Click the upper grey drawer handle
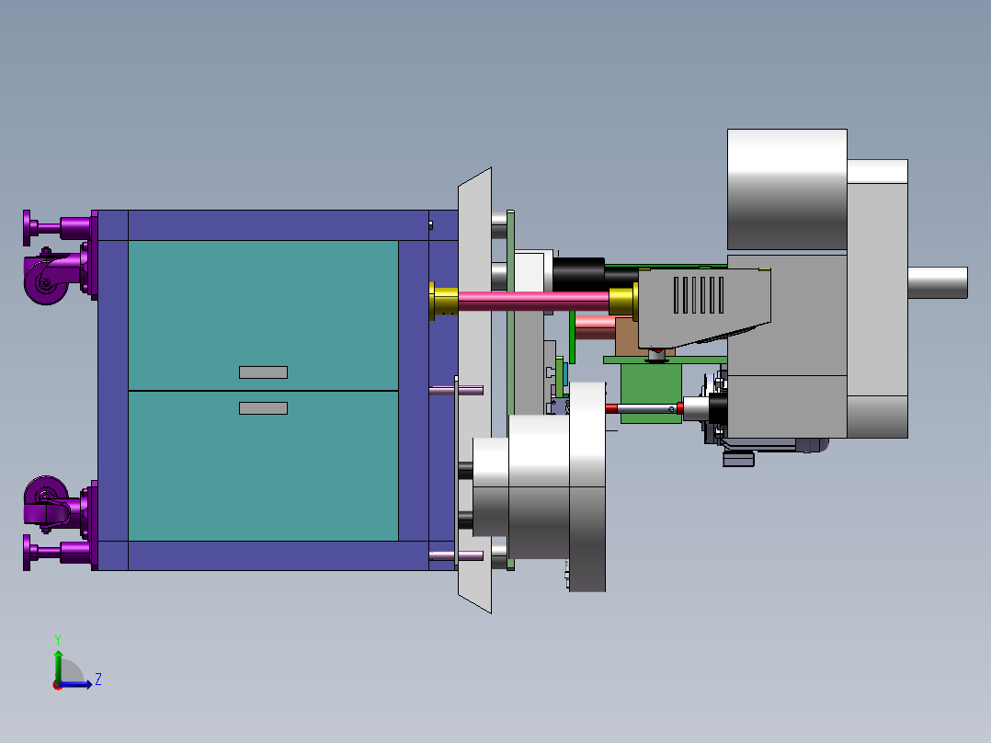tap(263, 372)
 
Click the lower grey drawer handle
tap(263, 408)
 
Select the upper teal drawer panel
tap(263, 314)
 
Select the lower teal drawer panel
tap(263, 466)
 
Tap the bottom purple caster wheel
tap(46, 499)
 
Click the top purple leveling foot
tap(57, 227)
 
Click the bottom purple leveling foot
tap(57, 552)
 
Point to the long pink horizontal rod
tap(533, 301)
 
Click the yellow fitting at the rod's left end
tap(444, 301)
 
